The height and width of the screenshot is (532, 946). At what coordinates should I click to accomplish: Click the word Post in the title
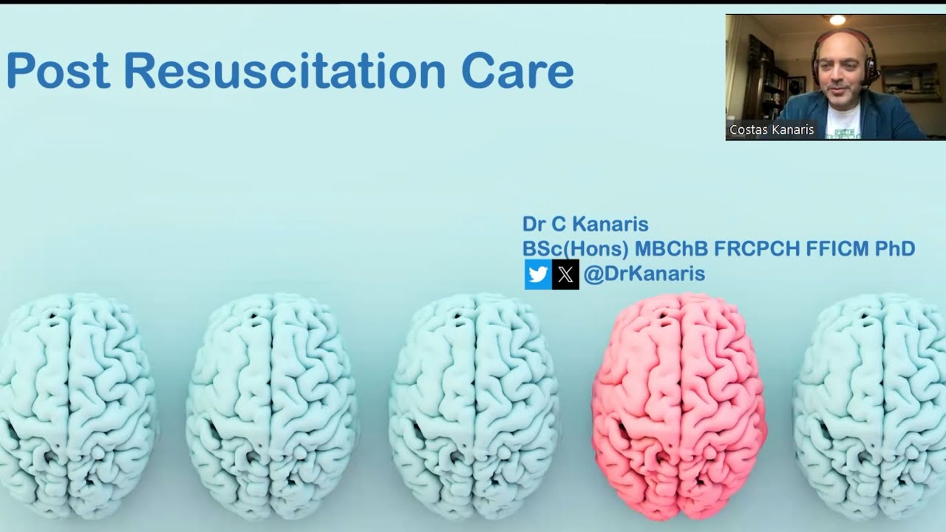coord(58,72)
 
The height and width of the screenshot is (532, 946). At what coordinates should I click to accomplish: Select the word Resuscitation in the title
coord(285,72)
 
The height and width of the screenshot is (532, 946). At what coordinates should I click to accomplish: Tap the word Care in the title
coord(517,72)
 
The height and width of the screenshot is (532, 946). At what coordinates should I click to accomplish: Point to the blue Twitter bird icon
coord(538,275)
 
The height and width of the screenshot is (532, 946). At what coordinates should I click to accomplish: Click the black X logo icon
coord(565,275)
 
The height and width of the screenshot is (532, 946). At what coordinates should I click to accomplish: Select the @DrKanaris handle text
coord(644,274)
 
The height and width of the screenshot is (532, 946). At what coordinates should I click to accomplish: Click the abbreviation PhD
coord(895,249)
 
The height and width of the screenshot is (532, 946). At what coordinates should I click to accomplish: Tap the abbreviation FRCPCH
coord(757,249)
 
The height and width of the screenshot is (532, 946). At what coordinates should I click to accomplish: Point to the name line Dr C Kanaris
coord(585,224)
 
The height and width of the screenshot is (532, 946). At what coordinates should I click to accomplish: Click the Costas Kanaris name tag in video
coord(771,130)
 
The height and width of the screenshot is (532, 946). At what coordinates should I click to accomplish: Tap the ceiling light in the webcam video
coord(837,21)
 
